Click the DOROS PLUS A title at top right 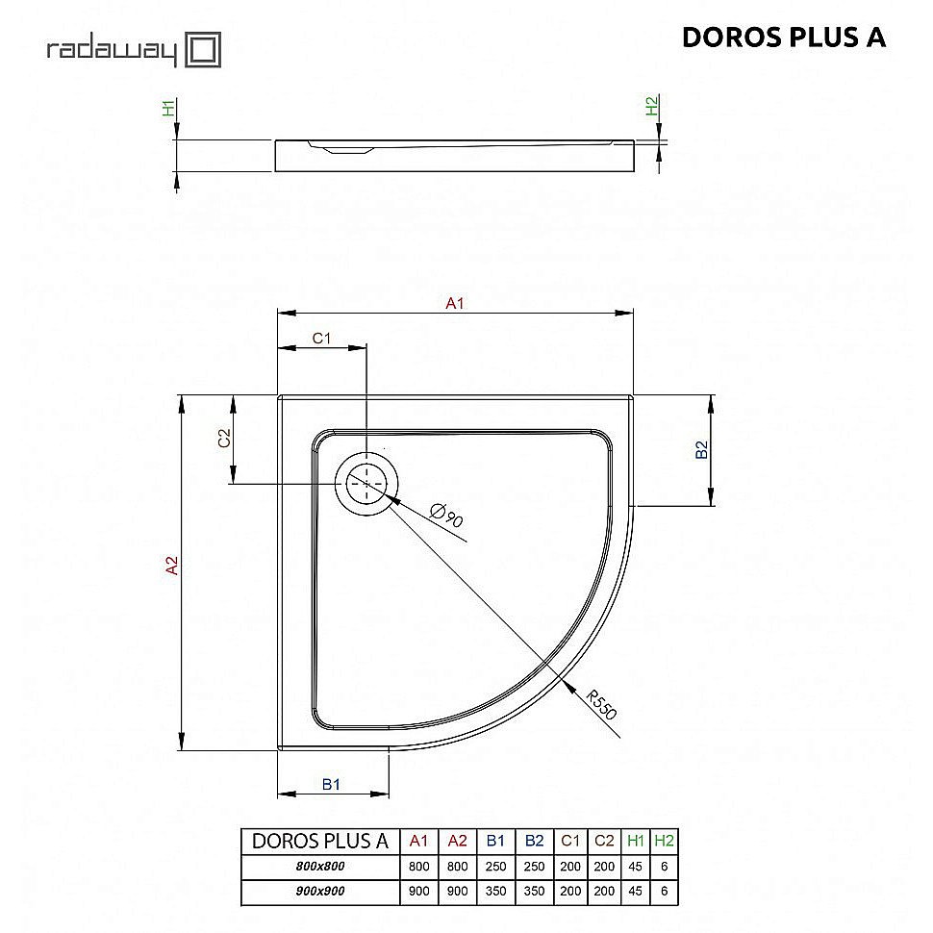pos(783,38)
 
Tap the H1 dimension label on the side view pos(168,108)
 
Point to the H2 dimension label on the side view pos(651,107)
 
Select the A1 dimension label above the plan pos(455,304)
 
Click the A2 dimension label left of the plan pos(173,567)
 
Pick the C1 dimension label pos(321,339)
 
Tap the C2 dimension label pos(224,439)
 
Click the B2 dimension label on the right pos(703,449)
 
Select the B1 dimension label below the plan pos(331,785)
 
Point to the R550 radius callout pos(600,706)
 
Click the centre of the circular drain pos(366,482)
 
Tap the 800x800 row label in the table pos(319,866)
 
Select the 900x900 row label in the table pos(319,892)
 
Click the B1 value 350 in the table pos(496,892)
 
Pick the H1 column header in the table pos(635,841)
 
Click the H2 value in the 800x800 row pos(664,866)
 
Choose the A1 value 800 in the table pos(418,866)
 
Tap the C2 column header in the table pos(604,841)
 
